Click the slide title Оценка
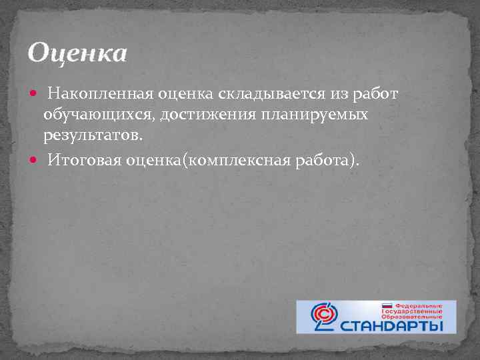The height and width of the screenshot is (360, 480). [77, 53]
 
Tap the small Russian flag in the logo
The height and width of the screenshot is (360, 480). [386, 305]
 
